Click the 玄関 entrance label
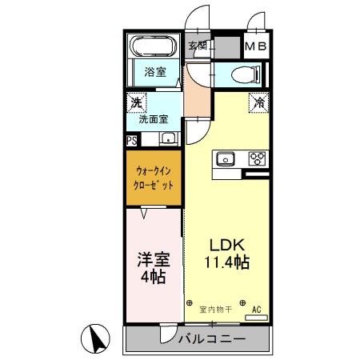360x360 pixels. (x=198, y=46)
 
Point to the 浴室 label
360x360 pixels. (x=155, y=72)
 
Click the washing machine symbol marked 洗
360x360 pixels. (x=136, y=102)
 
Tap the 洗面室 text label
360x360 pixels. (x=154, y=119)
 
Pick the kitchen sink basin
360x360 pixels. (x=225, y=158)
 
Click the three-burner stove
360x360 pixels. (x=257, y=158)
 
